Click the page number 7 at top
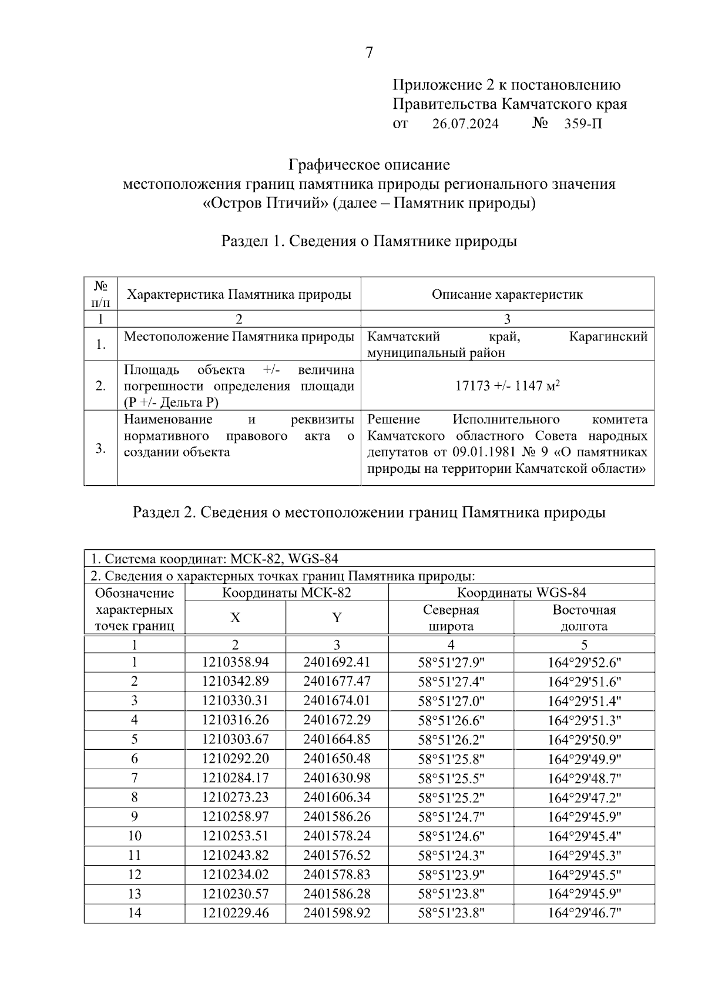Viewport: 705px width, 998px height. pos(369,53)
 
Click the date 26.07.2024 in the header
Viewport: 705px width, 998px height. pos(465,124)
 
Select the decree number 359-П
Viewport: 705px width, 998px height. pos(582,124)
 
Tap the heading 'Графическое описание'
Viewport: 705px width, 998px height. pos(369,164)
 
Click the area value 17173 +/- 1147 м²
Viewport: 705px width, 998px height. pos(507,386)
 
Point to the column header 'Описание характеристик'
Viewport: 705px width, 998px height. pos(507,294)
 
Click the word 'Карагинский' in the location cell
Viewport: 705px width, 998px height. pos(608,337)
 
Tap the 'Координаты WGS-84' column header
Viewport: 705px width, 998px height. pos(521,592)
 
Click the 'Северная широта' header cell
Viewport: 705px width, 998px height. pos(451,618)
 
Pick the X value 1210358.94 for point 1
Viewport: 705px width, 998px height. pos(235,662)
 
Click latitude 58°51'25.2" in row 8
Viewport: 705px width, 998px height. pos(451,797)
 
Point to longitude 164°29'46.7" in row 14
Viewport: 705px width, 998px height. pos(584,913)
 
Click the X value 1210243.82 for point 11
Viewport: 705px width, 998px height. pos(235,855)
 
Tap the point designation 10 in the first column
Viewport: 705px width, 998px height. pos(134,836)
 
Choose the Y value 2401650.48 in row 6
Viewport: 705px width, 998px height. pos(337,759)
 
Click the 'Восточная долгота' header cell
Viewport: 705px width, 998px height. pos(584,618)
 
